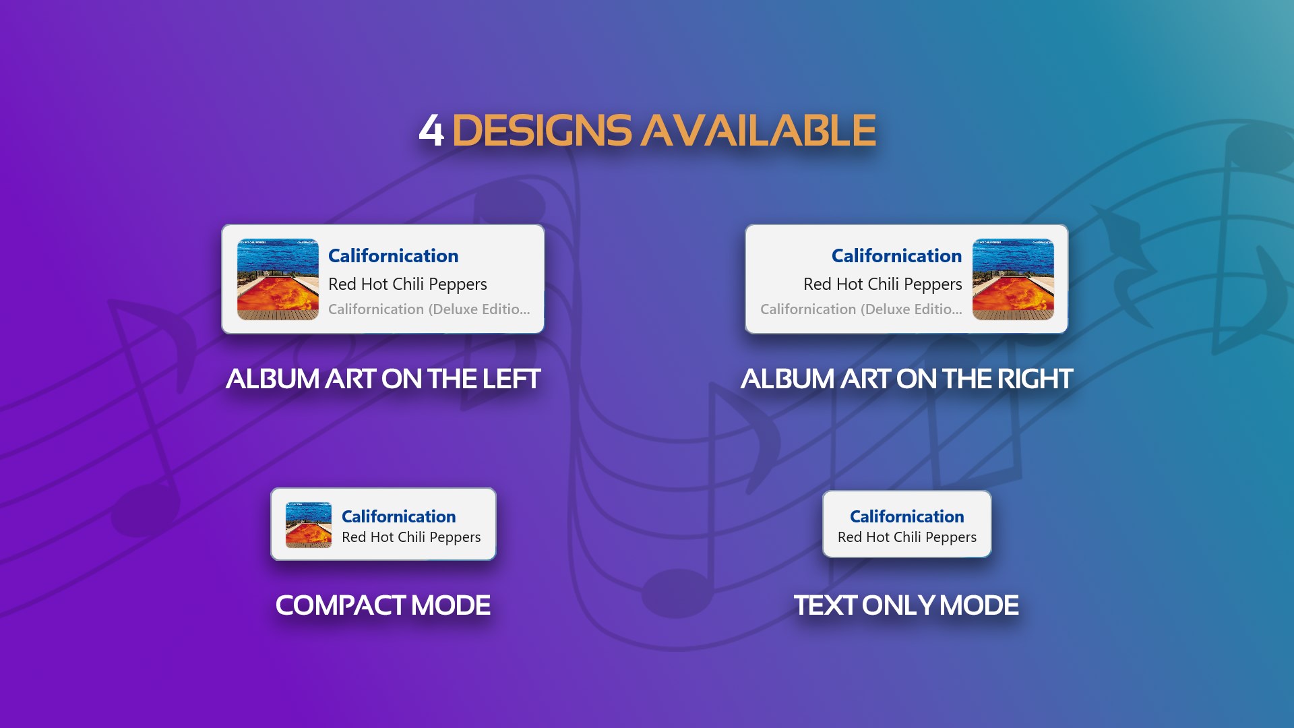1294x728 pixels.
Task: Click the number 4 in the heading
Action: point(431,130)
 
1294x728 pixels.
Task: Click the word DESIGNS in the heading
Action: point(542,130)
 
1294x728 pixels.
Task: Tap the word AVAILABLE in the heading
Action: point(758,130)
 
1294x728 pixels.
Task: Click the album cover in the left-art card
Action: point(278,279)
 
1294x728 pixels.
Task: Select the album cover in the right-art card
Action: point(1013,279)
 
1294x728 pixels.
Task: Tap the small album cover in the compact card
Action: point(309,524)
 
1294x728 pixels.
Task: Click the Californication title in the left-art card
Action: point(393,256)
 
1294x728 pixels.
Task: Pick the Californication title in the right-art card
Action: point(896,256)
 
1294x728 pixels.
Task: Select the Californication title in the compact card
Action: point(398,516)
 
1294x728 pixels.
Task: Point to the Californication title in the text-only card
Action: point(906,516)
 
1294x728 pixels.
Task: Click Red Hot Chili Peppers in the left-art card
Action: point(407,284)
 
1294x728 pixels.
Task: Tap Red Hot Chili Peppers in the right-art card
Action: point(882,284)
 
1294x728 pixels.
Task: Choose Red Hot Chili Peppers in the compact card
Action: point(411,537)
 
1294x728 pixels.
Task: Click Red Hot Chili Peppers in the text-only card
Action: point(906,537)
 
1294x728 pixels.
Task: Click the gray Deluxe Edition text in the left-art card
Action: point(429,309)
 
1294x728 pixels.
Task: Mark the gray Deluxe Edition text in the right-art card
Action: point(861,309)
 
